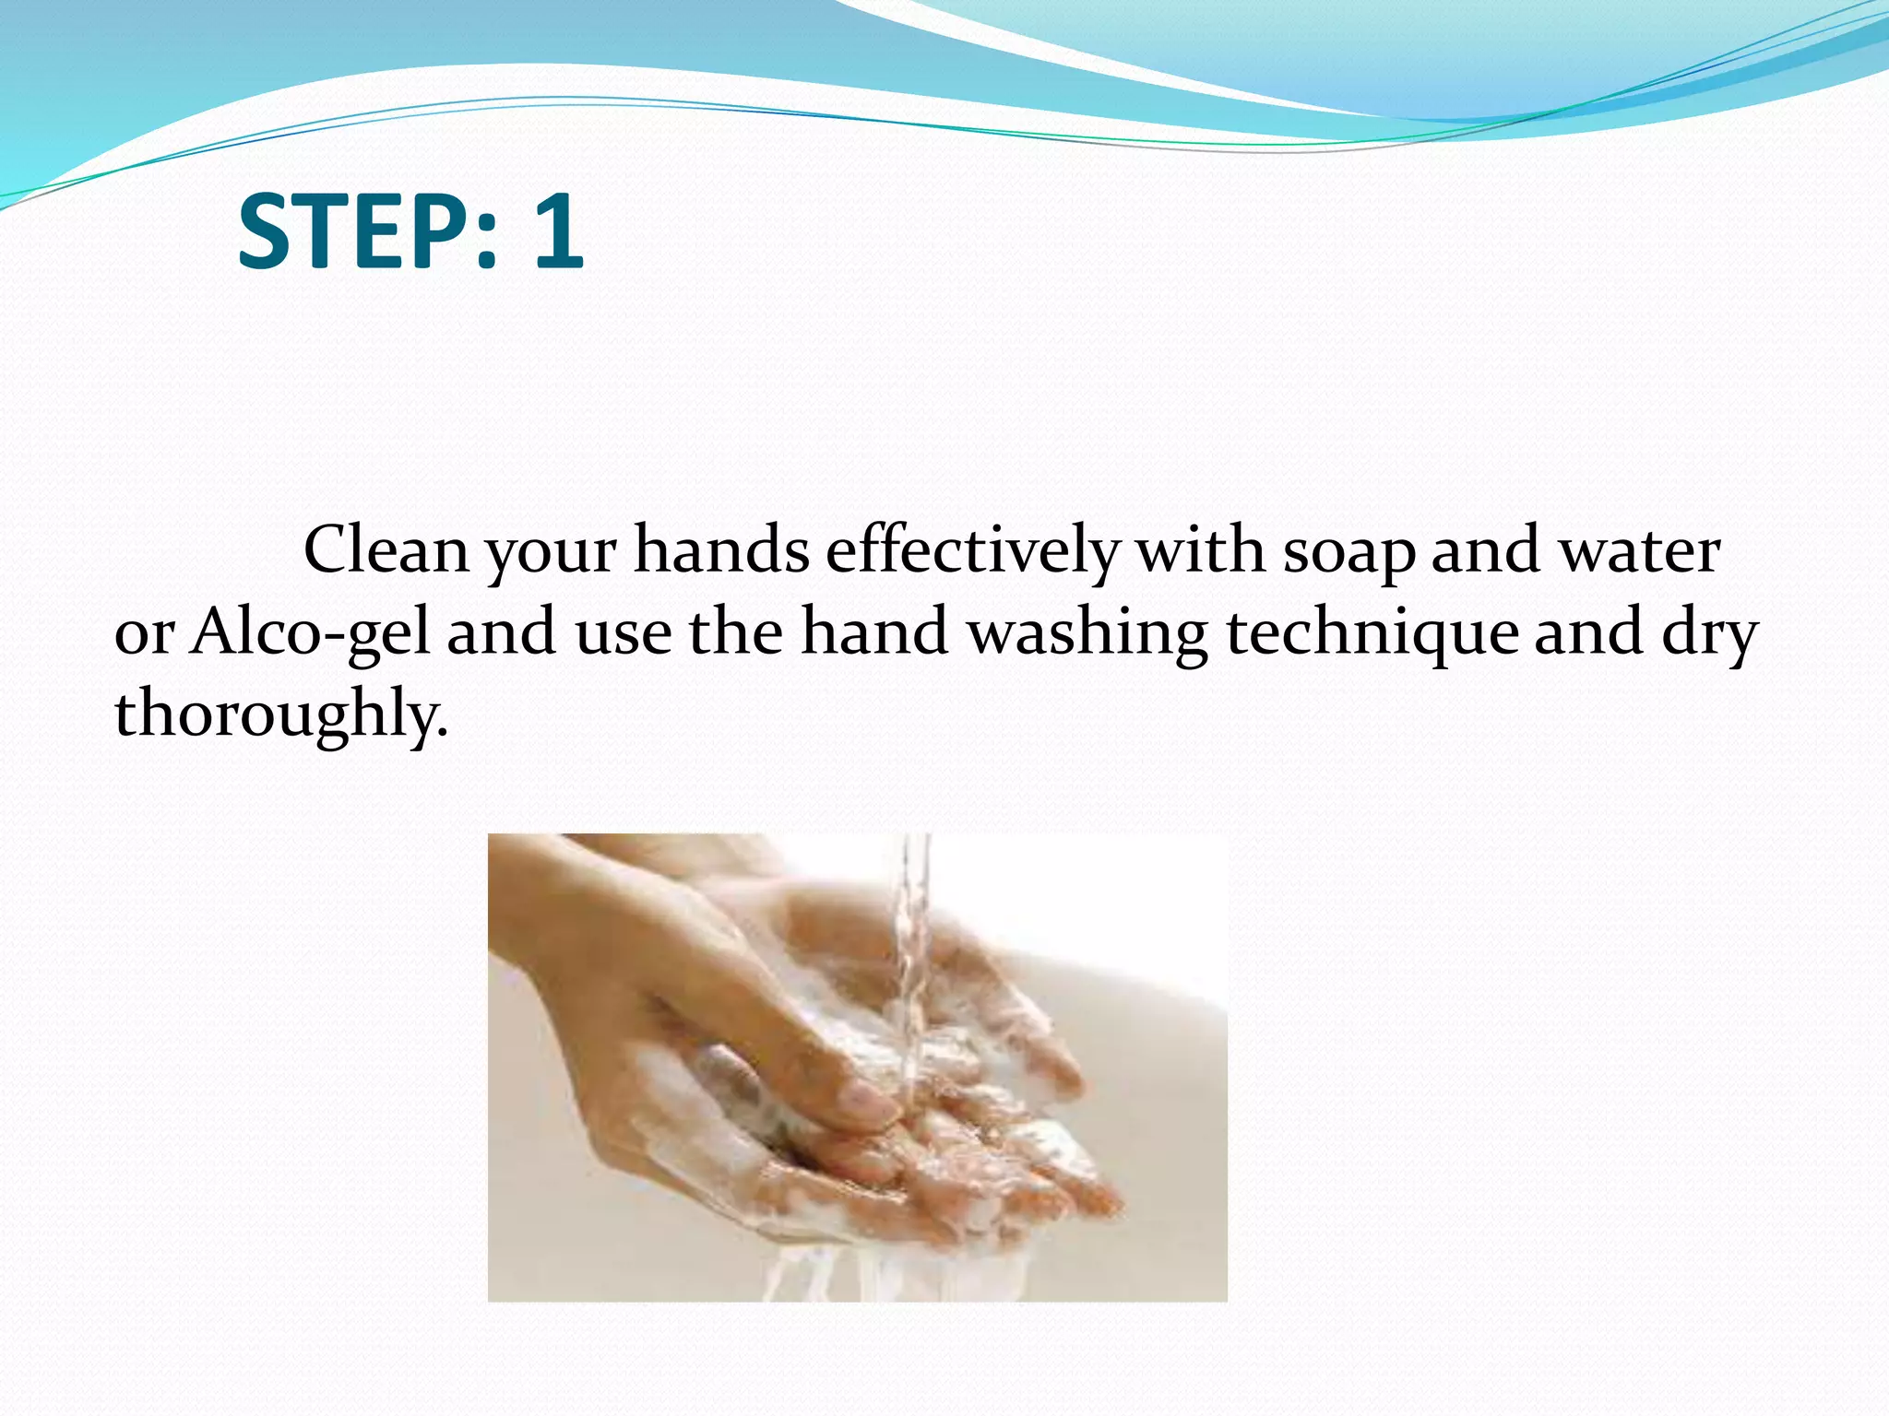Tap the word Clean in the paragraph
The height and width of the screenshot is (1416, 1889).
pos(386,550)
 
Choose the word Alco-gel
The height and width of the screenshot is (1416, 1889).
pos(311,634)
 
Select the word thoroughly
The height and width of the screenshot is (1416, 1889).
pos(280,715)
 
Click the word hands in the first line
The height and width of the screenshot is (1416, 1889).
pos(721,550)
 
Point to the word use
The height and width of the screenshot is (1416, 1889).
pos(624,634)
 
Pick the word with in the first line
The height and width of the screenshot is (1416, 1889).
pos(1200,550)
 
